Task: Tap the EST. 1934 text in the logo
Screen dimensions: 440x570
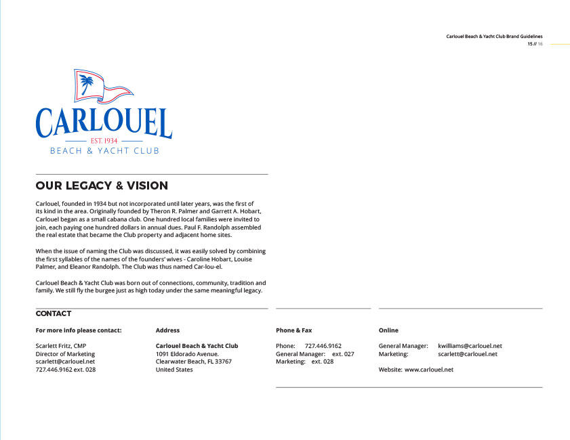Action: coord(104,140)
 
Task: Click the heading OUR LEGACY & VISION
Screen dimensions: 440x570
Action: coord(102,185)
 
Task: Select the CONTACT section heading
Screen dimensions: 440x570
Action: coord(53,313)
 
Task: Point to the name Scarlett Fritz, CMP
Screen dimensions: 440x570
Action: coord(61,346)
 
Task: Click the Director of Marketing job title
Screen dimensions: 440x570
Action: coord(65,354)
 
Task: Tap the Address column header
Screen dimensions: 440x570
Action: coord(167,330)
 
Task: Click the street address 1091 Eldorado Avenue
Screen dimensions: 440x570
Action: coord(187,354)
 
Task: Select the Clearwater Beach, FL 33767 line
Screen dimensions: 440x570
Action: coord(193,362)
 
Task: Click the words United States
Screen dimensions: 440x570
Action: coord(174,370)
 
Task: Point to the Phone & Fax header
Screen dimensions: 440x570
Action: coord(293,330)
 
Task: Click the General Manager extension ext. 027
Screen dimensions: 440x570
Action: coord(343,354)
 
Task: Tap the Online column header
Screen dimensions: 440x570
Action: coord(388,330)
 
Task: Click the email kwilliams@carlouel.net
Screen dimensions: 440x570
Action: coord(470,346)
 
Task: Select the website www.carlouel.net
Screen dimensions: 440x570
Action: coord(428,370)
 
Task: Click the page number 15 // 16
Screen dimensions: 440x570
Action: coord(535,44)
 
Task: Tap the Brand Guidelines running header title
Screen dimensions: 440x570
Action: coord(494,37)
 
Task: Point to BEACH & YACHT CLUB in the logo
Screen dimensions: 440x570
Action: coord(104,151)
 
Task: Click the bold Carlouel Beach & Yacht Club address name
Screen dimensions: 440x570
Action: coord(197,346)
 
